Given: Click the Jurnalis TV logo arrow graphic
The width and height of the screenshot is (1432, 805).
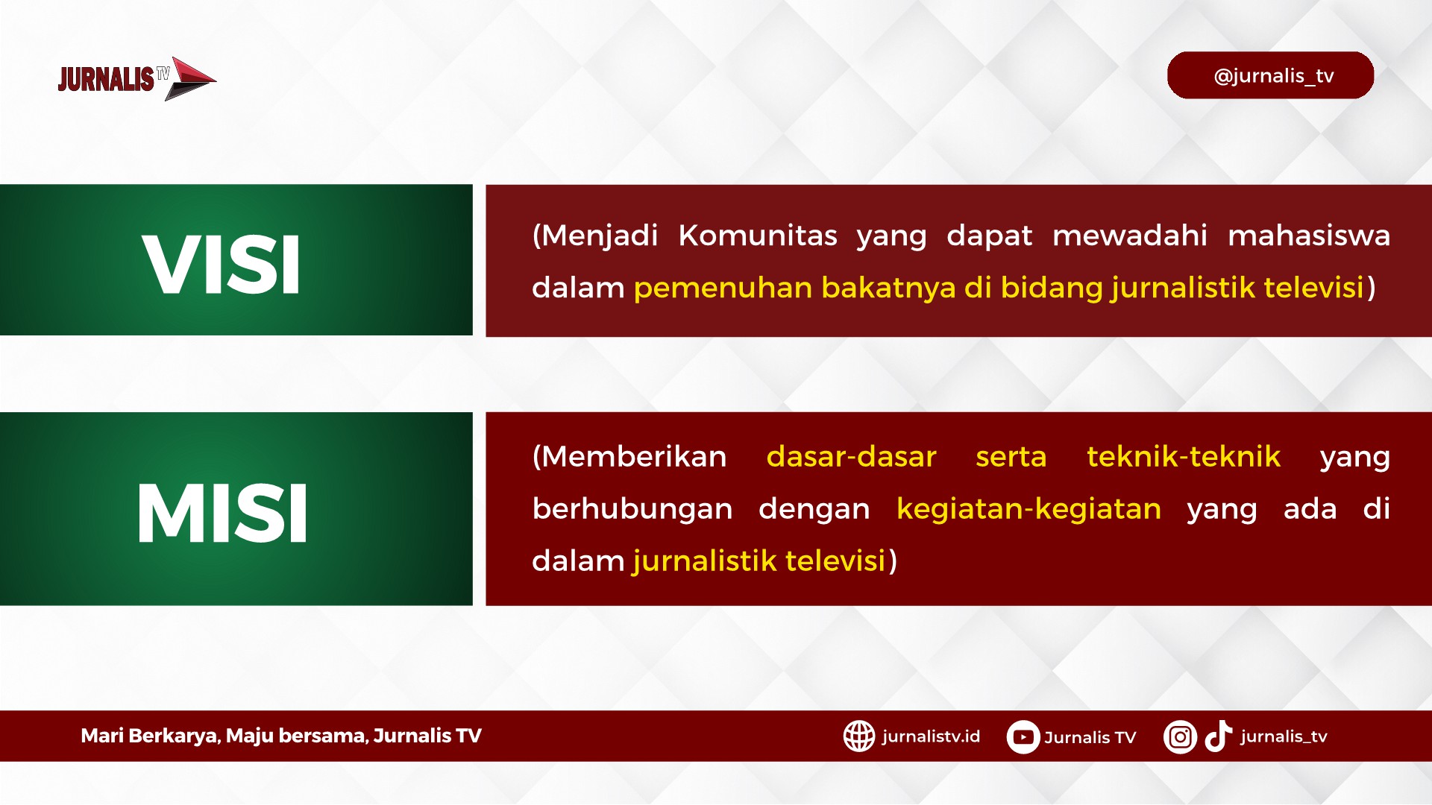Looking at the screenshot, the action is (189, 78).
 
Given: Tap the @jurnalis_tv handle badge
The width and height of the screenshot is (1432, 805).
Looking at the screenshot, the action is (1270, 75).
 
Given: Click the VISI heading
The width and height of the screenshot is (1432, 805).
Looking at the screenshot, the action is (222, 265).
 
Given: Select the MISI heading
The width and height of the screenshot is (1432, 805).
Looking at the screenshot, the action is (222, 513).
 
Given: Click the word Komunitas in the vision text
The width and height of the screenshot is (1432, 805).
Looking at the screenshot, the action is (758, 236).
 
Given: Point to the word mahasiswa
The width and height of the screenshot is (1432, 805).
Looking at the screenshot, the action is (1309, 236).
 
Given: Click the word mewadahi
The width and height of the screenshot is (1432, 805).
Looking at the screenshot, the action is (1129, 236).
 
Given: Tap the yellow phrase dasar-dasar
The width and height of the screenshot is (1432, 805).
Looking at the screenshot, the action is (851, 456).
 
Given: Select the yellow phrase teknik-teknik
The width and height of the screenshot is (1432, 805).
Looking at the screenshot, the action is (1184, 456).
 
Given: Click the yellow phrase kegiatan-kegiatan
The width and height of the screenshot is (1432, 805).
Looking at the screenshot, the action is (1029, 509).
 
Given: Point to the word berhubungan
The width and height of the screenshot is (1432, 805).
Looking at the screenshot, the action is (632, 509).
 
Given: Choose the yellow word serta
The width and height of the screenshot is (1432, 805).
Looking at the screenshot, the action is (1011, 457).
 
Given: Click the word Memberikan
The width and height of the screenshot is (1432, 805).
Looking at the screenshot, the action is (634, 456).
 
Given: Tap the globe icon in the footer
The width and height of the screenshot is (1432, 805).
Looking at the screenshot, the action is (859, 736).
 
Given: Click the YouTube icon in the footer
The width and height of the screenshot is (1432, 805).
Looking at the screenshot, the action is (1023, 737).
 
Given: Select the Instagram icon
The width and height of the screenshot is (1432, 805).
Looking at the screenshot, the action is (1180, 737).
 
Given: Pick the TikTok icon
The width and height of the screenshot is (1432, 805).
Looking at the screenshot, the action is (1219, 736).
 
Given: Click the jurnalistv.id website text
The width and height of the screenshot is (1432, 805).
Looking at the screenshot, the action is (931, 736).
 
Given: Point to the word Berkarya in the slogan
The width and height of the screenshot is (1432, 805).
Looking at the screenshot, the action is (172, 736).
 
